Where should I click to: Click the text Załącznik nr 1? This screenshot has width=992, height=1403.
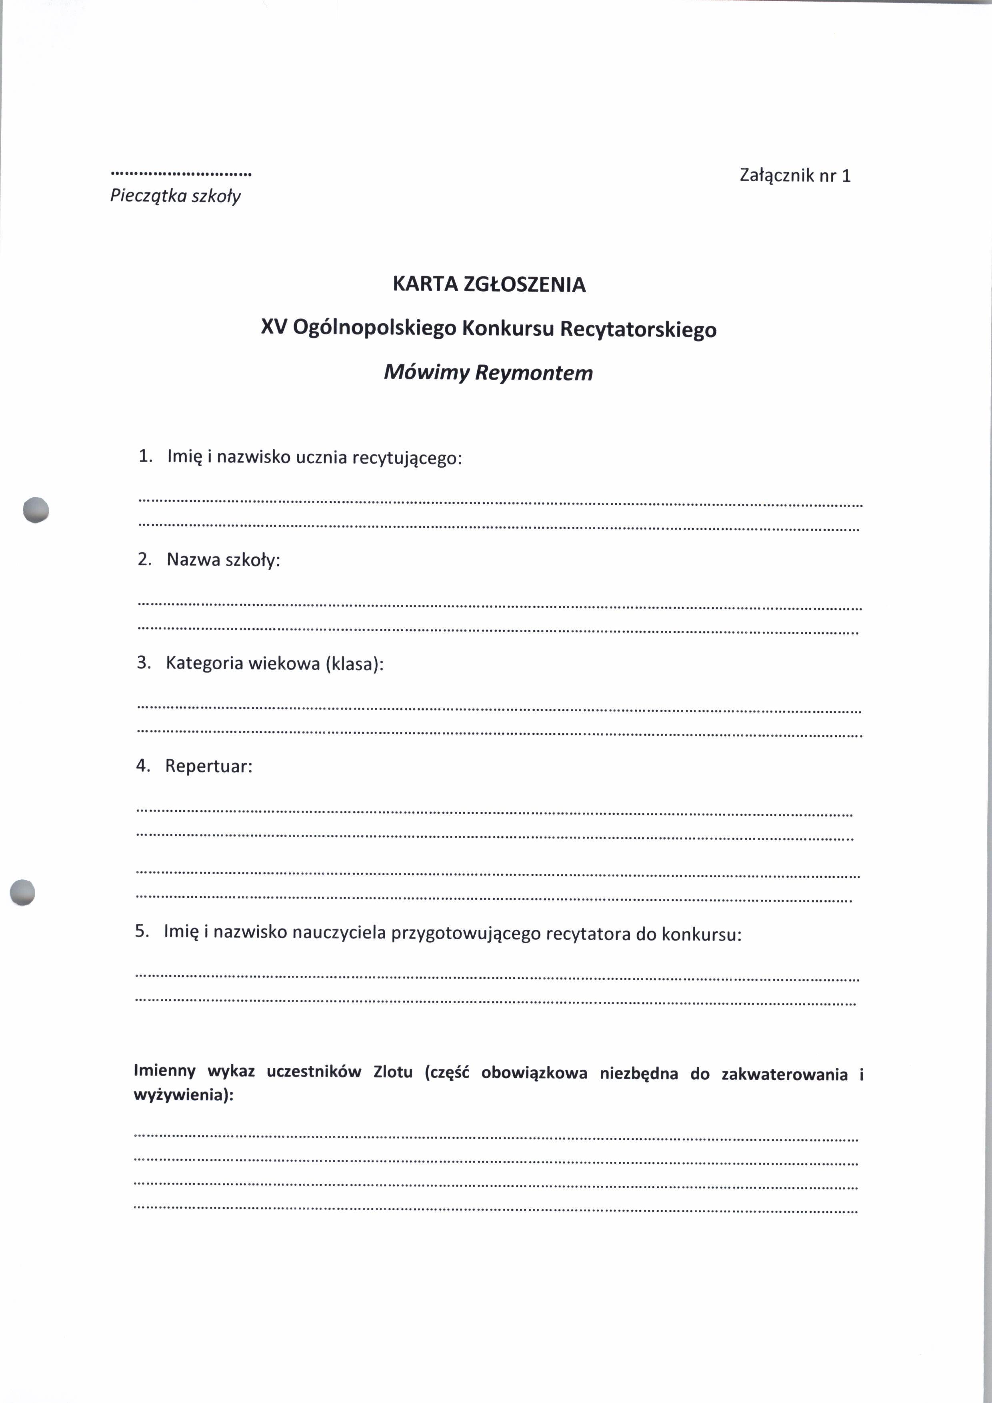795,176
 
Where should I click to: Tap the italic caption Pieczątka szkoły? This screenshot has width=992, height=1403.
175,196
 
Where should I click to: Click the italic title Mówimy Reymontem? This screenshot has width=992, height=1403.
488,373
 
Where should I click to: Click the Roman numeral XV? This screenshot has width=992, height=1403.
274,328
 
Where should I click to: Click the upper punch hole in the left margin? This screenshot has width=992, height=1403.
36,510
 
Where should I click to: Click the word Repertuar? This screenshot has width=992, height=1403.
207,766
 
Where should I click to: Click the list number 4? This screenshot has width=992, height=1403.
142,766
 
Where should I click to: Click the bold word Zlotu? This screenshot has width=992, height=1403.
393,1073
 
